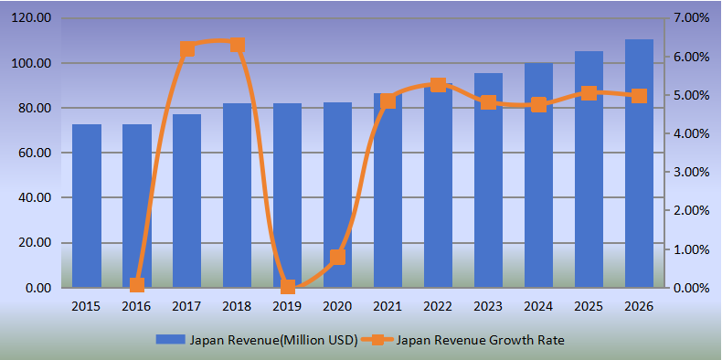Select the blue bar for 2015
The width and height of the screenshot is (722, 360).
[x=87, y=206]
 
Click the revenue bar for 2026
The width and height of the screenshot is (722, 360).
[x=639, y=164]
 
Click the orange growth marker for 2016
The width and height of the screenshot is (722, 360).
[x=137, y=285]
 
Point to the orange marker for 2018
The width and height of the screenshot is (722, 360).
[x=237, y=45]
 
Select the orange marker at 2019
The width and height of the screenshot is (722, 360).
[x=288, y=287]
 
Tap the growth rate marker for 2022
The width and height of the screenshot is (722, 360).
[x=438, y=85]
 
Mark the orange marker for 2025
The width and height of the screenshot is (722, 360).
[x=589, y=93]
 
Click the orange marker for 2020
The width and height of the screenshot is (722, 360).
[x=337, y=257]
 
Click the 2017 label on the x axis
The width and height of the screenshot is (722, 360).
[x=186, y=306]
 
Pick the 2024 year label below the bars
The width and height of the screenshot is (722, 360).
[x=538, y=306]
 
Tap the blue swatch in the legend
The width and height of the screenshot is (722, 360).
[x=170, y=340]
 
